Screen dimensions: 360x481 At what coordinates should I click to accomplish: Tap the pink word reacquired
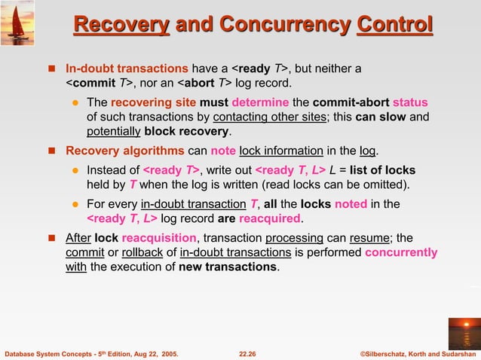pos(271,218)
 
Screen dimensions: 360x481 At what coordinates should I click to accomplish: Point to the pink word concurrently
pos(400,252)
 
